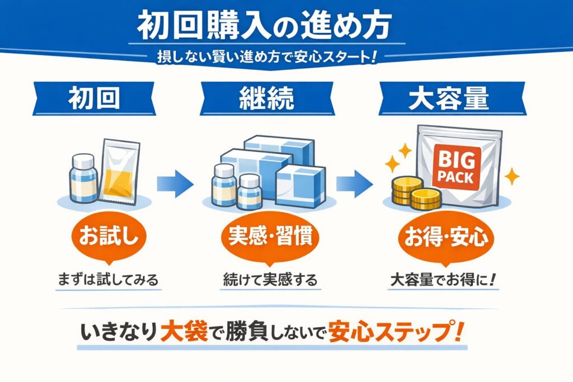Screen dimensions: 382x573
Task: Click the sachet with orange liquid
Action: [x=119, y=171]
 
